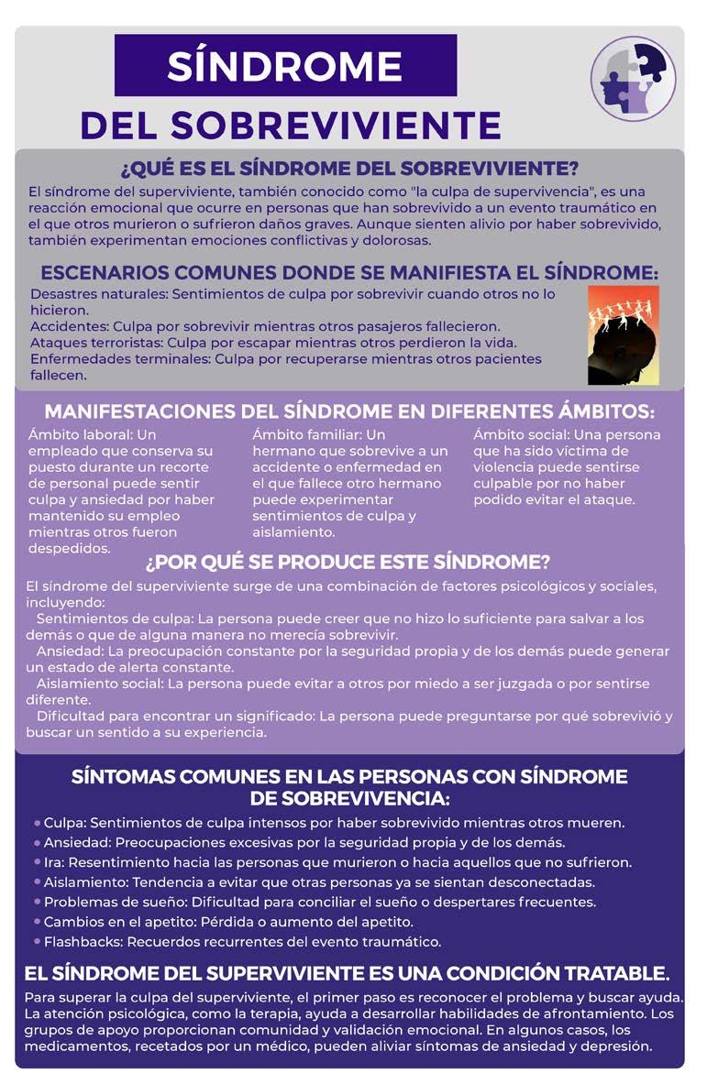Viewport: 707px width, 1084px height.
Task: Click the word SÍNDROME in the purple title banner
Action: (x=285, y=65)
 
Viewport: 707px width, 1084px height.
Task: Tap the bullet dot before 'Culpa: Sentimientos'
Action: (x=36, y=823)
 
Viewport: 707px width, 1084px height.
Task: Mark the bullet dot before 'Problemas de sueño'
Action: (x=36, y=903)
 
